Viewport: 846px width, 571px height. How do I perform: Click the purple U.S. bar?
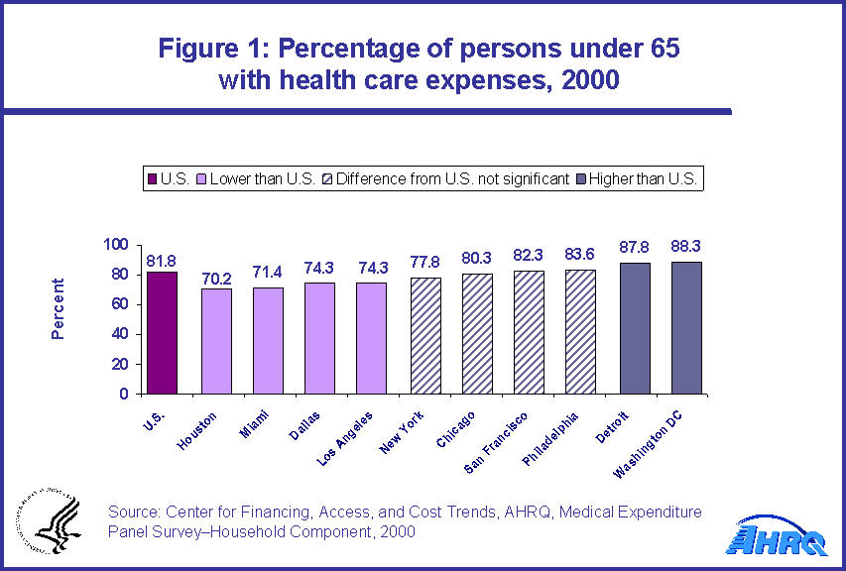[x=162, y=332]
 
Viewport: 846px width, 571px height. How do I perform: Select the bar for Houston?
[x=216, y=340]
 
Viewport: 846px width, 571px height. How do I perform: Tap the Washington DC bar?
[x=686, y=327]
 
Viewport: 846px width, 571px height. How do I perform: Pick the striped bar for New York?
[x=425, y=335]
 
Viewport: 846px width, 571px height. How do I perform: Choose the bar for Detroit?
[x=635, y=328]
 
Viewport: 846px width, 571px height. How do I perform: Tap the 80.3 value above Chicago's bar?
[x=478, y=257]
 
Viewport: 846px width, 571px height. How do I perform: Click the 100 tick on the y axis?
[x=117, y=245]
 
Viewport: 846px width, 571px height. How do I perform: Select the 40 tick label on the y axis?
[x=121, y=334]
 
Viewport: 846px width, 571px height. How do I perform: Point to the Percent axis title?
[x=58, y=308]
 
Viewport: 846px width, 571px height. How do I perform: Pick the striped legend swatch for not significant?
[x=326, y=179]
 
